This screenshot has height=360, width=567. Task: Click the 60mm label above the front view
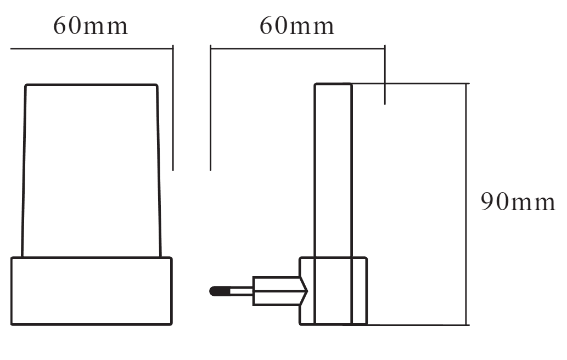(91, 26)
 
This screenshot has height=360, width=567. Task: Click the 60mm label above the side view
(297, 26)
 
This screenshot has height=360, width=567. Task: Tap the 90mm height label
(518, 202)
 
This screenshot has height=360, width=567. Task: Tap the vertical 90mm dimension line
(466, 204)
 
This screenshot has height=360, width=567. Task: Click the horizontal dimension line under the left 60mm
(92, 48)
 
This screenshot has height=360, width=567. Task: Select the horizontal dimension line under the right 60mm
(297, 48)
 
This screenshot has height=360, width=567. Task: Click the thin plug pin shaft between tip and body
(241, 291)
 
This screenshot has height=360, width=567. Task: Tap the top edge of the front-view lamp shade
(91, 85)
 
